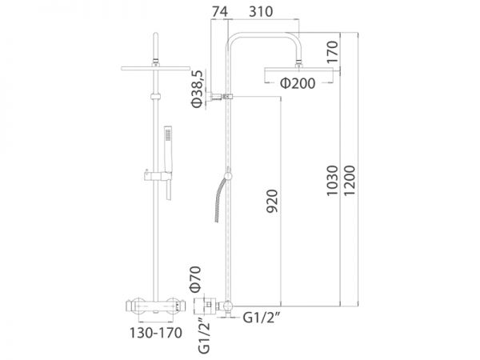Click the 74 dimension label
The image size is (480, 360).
[220, 12]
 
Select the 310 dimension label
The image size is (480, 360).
[261, 12]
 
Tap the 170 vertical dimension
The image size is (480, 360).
[332, 52]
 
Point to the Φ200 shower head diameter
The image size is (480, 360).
[298, 83]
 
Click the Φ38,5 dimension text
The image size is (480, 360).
[197, 89]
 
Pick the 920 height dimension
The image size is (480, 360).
[272, 201]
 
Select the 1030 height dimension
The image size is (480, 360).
[332, 181]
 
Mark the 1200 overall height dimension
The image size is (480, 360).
[350, 181]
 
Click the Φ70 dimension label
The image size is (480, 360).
[195, 278]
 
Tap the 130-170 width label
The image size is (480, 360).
[156, 333]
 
